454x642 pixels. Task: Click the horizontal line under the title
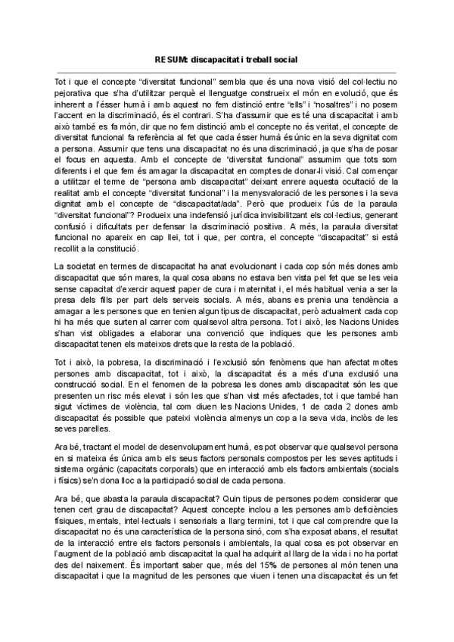[x=226, y=70]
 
